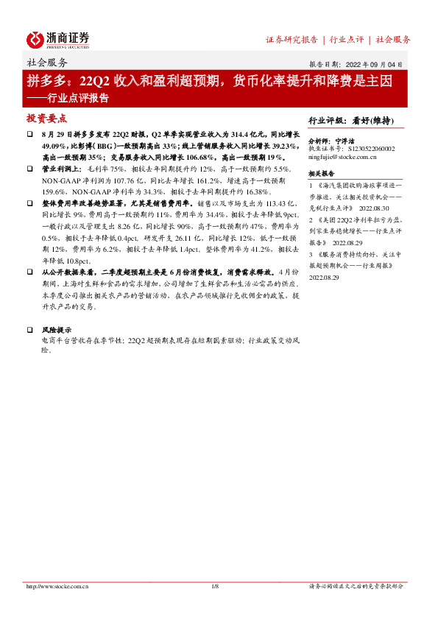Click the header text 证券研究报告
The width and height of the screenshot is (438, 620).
click(x=292, y=40)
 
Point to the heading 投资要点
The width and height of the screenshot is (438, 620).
click(x=46, y=119)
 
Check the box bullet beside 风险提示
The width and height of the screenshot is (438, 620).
click(x=29, y=330)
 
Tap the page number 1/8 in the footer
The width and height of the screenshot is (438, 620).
click(x=216, y=586)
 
